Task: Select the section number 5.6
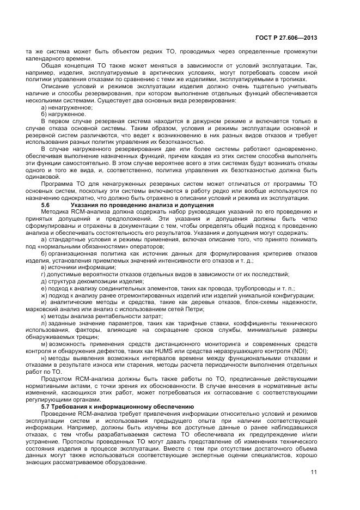pyautogui.click(x=46, y=204)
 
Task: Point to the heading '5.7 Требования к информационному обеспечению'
pyautogui.click(x=118, y=407)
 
